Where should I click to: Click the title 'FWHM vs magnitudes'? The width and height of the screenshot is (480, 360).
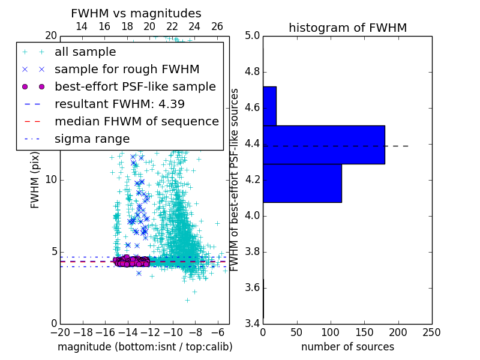point(136,13)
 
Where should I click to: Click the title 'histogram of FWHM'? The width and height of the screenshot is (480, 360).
point(347,28)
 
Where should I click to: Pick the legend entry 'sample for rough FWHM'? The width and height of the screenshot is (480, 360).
point(127,70)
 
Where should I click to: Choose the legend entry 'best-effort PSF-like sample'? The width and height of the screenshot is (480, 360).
point(135,86)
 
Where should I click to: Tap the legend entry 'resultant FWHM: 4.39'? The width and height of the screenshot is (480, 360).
point(119,104)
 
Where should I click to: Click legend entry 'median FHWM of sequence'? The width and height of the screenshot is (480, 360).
point(136,121)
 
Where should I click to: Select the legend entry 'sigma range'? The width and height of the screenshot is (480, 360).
point(92,139)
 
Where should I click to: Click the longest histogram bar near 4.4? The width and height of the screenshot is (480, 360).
point(323,145)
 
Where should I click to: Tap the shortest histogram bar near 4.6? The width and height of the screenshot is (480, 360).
point(269,106)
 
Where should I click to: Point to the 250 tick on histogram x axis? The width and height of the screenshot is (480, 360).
point(431,331)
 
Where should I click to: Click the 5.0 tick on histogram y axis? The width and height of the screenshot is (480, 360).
point(252,36)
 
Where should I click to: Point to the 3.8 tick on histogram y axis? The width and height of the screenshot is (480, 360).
point(252,251)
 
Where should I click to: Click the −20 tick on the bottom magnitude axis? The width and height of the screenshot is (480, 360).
point(60,331)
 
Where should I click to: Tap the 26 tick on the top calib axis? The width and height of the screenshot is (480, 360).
point(217,26)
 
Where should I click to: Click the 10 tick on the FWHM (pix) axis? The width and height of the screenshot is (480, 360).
point(51,180)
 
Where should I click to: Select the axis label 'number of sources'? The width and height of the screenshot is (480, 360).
point(347,347)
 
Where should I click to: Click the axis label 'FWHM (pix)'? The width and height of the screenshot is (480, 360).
point(35,180)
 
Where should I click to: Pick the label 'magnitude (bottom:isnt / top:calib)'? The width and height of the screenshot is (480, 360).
point(145,347)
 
